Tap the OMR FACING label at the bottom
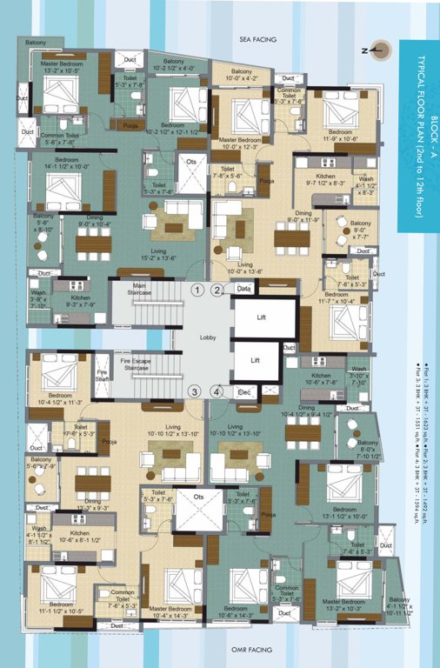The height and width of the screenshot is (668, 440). tap(257, 650)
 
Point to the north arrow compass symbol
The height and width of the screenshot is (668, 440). tap(378, 50)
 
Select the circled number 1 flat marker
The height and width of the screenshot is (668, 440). tap(198, 290)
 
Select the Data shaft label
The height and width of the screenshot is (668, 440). tap(244, 288)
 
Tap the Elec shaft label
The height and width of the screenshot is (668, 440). tap(244, 392)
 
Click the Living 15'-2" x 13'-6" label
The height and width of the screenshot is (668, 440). tap(157, 254)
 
